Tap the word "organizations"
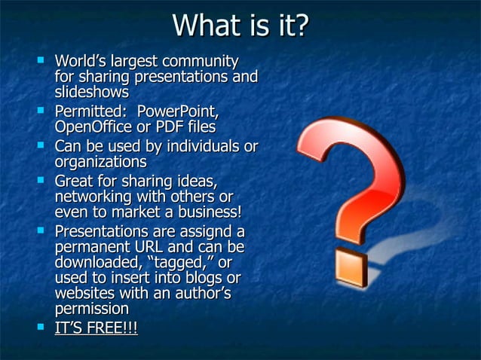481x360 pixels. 100,161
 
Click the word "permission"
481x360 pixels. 91,309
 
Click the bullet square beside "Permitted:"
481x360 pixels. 41,111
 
